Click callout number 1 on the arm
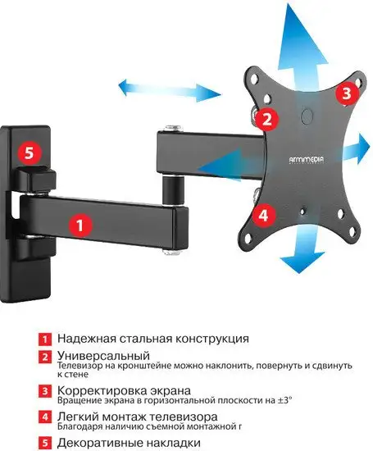[x=79, y=222]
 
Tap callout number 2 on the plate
[x=266, y=118]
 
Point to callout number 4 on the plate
[x=263, y=216]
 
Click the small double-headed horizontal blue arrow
[x=143, y=86]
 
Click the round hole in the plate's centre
[x=305, y=115]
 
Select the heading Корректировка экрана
[x=124, y=389]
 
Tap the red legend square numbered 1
[x=45, y=338]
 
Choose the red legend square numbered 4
[x=45, y=417]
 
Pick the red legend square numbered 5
[x=45, y=444]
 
